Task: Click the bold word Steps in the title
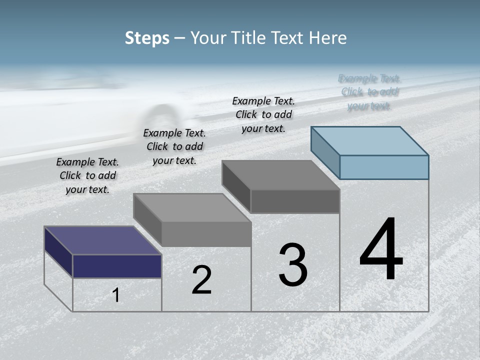tap(147, 38)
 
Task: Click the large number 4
tap(381, 249)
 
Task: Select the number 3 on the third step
tap(293, 265)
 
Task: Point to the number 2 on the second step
tap(201, 280)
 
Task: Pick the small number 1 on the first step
tap(116, 295)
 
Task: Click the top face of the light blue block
tap(369, 140)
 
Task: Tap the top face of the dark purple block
tap(102, 240)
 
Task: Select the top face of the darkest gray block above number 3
tap(280, 175)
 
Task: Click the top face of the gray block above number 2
tap(192, 207)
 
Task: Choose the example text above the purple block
tap(87, 175)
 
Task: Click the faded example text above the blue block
tap(369, 92)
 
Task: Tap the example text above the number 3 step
tap(263, 114)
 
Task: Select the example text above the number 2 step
tap(174, 146)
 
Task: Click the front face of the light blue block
tap(384, 167)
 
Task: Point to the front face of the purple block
tap(117, 266)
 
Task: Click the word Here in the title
tap(329, 38)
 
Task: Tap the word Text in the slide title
tap(290, 38)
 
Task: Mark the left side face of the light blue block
tap(325, 152)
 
